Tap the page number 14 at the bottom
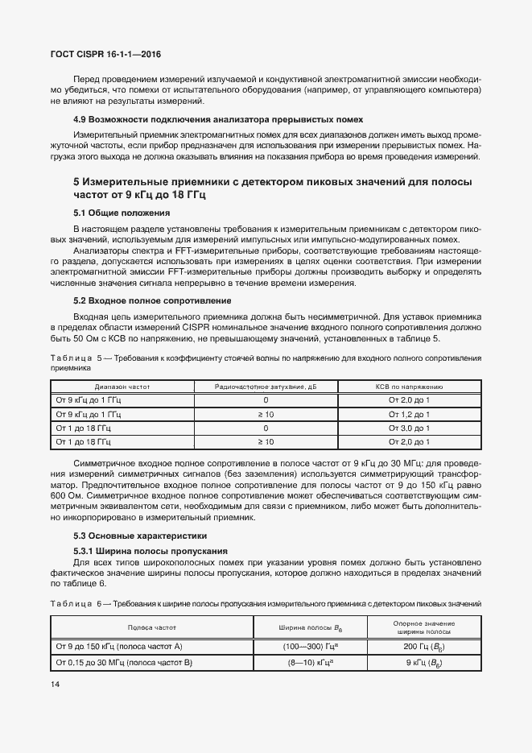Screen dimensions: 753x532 (x=56, y=684)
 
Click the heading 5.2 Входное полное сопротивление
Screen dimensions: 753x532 (x=153, y=300)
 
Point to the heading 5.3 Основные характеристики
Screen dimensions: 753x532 (x=140, y=536)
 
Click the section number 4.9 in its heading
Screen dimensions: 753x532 (x=81, y=119)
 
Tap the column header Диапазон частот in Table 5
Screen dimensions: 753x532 (x=122, y=387)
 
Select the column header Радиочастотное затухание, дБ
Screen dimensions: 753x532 (x=266, y=387)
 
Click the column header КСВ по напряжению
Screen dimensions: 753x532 (x=410, y=387)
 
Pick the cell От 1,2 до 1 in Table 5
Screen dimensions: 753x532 (x=410, y=414)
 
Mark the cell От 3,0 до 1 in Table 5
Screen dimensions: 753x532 (x=410, y=428)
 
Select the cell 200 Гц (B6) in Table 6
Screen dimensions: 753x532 (x=424, y=647)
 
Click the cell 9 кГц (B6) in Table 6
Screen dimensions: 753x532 (x=424, y=663)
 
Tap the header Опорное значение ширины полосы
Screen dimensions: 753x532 (x=424, y=626)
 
